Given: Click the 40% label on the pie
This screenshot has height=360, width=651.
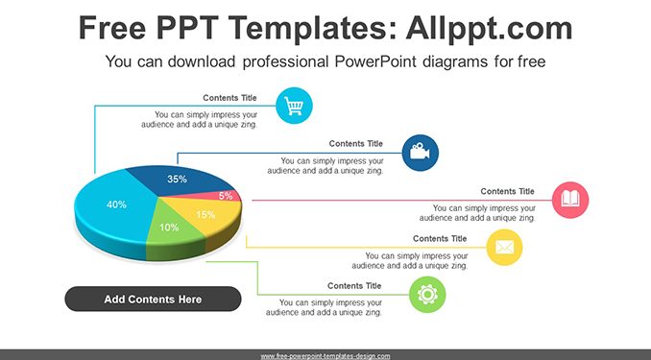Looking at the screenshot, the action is [x=117, y=204].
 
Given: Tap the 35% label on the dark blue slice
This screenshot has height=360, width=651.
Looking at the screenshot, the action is [x=177, y=179].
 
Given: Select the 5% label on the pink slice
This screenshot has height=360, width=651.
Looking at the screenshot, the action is [x=226, y=196].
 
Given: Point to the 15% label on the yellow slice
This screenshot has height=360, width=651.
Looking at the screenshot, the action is [x=205, y=214].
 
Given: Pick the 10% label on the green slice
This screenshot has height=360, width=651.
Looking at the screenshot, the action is [x=169, y=228].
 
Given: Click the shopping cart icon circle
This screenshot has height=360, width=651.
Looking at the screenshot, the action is [x=294, y=106].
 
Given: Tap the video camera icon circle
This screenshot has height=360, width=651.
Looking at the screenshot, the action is [x=421, y=153].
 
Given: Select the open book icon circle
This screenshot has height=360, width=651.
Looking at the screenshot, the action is [x=570, y=200].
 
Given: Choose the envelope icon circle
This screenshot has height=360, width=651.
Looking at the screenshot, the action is [x=504, y=248].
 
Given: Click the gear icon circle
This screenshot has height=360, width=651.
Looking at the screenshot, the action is [x=427, y=295].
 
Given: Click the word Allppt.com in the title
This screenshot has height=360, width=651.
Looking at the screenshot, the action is [x=489, y=28].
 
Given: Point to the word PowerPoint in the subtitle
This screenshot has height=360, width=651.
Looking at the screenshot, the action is [x=375, y=61].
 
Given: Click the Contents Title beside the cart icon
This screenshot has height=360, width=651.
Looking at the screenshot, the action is [x=229, y=98].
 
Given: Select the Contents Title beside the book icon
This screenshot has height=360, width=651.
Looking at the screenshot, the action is [x=507, y=191].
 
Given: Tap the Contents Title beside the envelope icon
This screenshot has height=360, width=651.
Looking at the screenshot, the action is [x=440, y=239].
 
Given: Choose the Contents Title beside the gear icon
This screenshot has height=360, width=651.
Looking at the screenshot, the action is [x=354, y=286].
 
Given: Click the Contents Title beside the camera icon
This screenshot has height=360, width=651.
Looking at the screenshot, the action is [x=356, y=144].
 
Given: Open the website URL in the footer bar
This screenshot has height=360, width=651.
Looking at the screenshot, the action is [x=325, y=356].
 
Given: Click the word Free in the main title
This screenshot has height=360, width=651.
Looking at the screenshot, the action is [x=112, y=28].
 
